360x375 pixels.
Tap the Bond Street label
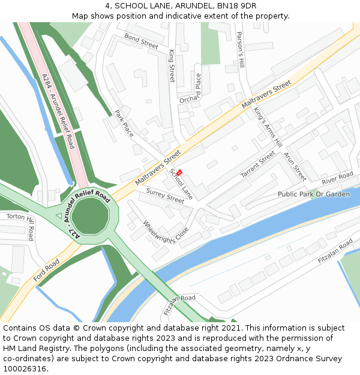pos(141,41)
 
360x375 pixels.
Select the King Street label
pos(171,66)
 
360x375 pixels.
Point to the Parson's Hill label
pos(241,49)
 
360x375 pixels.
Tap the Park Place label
pos(124,123)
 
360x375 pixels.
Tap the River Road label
pos(337,178)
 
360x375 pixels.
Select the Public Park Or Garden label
pos(313,194)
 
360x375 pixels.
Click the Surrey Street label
pos(165,195)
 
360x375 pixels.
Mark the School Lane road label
pos(181,184)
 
